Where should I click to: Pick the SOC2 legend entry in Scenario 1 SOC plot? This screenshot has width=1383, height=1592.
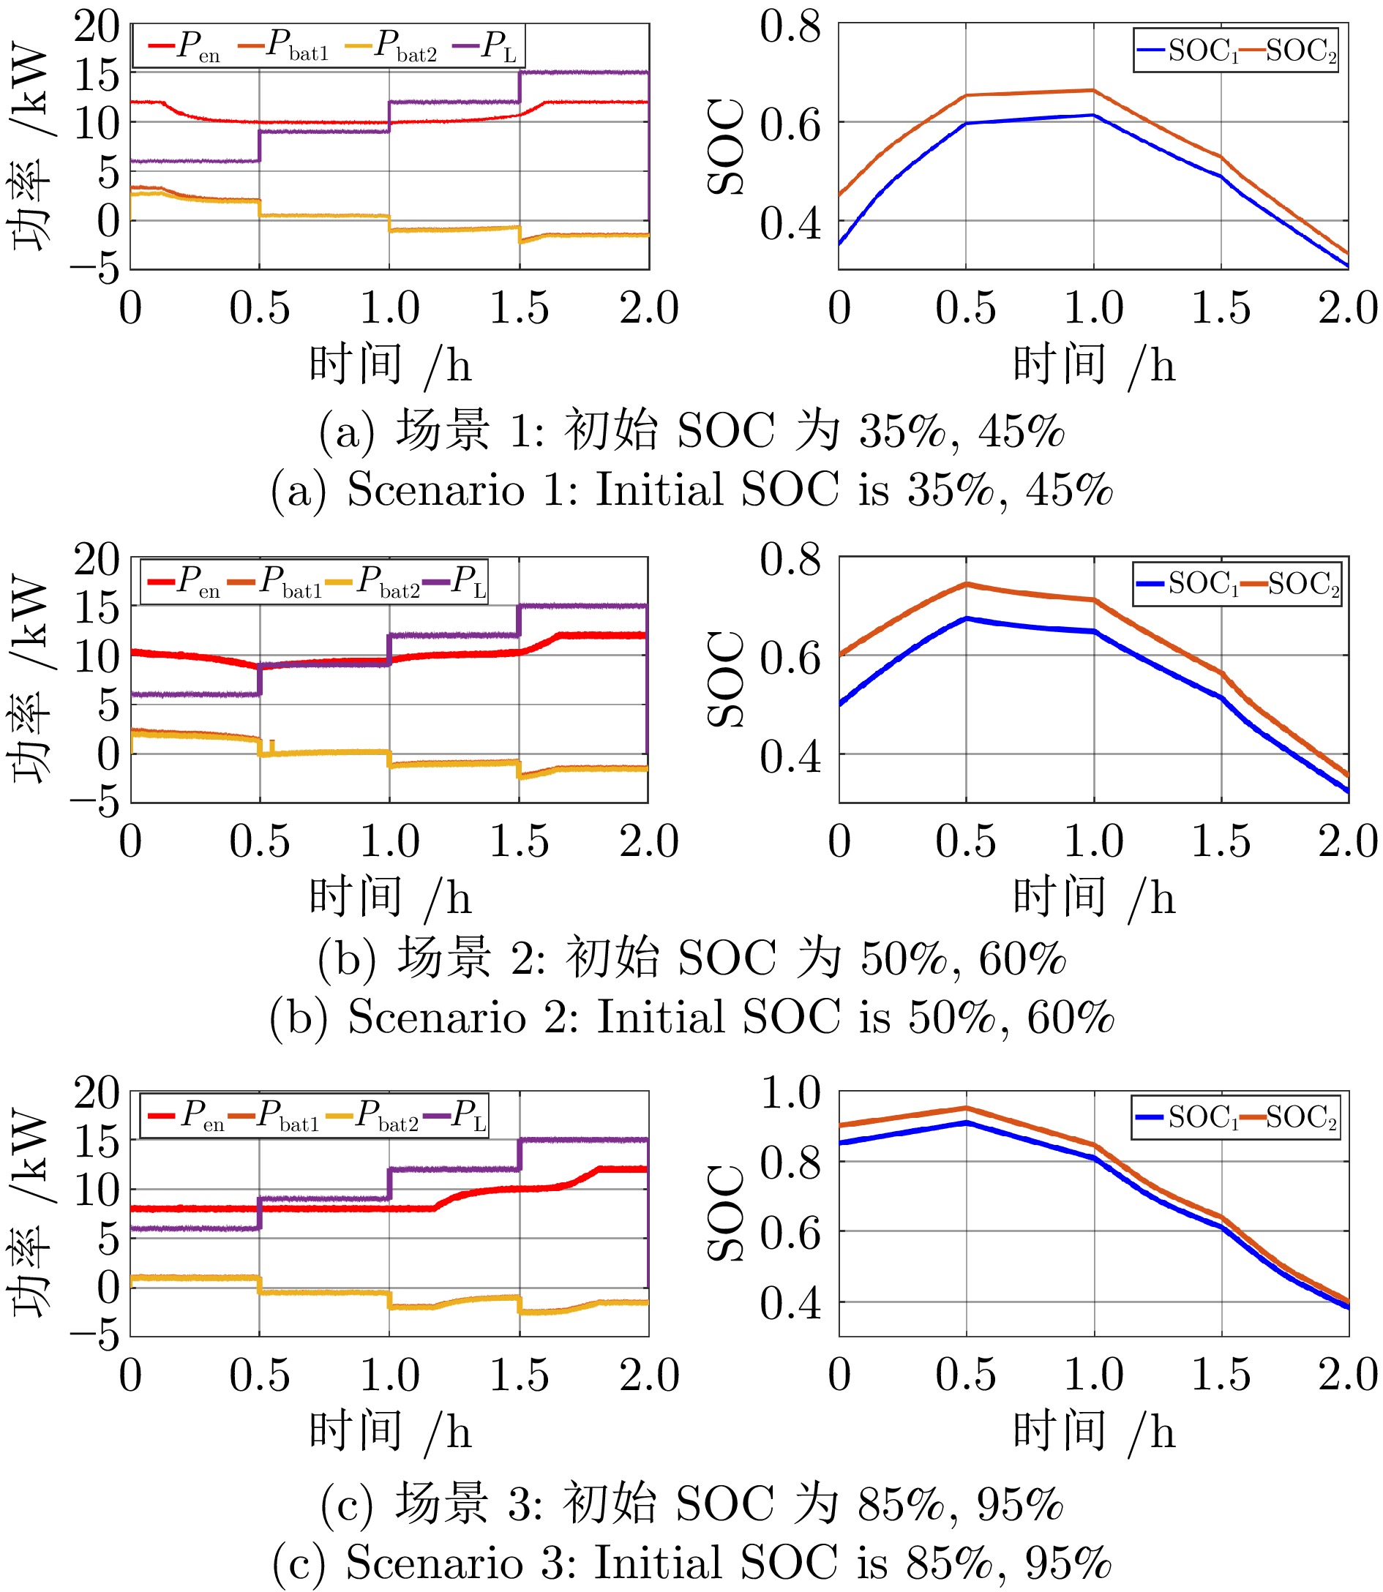click(1289, 51)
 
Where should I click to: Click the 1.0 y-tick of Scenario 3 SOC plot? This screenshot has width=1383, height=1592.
click(790, 1092)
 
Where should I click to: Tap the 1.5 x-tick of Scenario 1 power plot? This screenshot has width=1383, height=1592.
click(520, 308)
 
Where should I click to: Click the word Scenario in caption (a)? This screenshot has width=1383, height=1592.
click(436, 489)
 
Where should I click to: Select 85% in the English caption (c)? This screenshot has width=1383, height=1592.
click(949, 1563)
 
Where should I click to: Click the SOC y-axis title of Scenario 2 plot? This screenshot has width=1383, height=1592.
click(726, 679)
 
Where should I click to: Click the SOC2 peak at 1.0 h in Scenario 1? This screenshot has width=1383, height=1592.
click(1093, 90)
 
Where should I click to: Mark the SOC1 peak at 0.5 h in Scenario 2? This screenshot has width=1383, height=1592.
click(966, 618)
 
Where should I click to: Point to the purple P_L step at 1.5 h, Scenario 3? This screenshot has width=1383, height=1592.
click(520, 1154)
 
